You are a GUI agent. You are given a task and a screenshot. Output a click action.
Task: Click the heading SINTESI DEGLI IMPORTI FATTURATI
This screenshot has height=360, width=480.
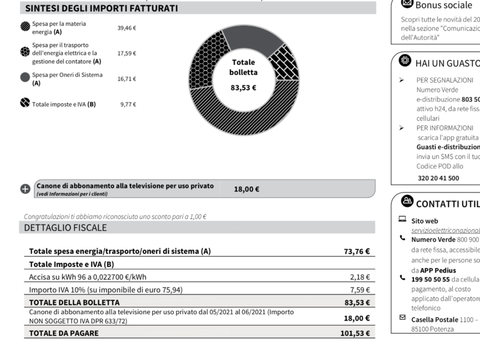(x=101, y=8)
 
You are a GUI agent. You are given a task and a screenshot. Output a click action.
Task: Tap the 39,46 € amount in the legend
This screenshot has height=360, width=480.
(x=127, y=28)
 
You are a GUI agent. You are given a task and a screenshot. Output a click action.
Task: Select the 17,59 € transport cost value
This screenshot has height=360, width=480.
(x=127, y=53)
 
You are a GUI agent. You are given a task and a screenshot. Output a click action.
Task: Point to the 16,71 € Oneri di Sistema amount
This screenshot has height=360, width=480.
(x=127, y=79)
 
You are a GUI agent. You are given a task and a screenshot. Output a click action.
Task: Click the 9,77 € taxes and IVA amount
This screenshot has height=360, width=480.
(x=128, y=104)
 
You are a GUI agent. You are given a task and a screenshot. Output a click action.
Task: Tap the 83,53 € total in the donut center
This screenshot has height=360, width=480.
(x=243, y=88)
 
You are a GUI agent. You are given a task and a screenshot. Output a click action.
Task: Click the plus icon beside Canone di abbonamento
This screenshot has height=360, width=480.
(x=25, y=189)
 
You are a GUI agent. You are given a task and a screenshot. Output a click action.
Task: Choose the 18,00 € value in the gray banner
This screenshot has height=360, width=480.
(x=246, y=189)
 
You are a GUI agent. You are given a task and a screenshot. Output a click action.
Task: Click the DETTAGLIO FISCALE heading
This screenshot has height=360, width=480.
(x=65, y=228)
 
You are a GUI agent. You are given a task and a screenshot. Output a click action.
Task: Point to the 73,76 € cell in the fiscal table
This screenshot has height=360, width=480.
(x=356, y=252)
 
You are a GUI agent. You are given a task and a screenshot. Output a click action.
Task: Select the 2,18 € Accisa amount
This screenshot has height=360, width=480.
(x=359, y=277)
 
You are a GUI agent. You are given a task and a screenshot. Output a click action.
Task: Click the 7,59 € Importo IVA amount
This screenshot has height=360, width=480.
(x=359, y=290)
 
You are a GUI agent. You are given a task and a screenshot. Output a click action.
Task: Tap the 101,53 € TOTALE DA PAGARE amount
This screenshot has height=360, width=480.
(x=354, y=333)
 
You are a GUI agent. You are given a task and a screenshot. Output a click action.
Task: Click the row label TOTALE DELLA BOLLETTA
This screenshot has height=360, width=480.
(x=74, y=302)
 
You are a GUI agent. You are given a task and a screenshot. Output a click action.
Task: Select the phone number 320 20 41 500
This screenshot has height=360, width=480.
(x=438, y=178)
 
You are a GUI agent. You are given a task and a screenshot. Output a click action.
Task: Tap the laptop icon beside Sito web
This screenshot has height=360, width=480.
(x=402, y=220)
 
